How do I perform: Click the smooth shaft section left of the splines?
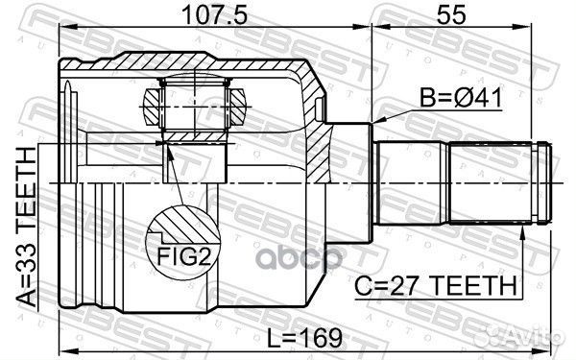coord(413,182)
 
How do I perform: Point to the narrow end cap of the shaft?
coord(544,182)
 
